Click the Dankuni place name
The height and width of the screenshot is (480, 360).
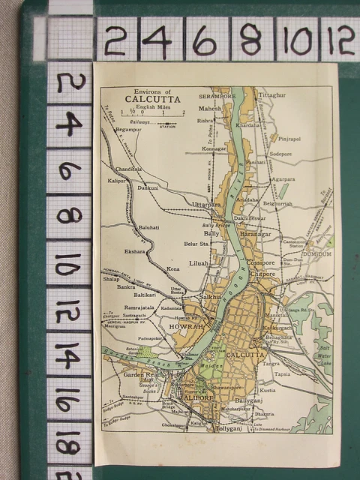(x=147, y=187)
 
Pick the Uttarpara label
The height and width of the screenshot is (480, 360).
(x=207, y=204)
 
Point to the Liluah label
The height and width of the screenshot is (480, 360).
(x=199, y=262)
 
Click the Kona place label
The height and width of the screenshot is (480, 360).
(x=173, y=268)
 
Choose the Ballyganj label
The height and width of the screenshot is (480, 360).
(x=249, y=401)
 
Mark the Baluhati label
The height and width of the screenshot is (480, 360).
(x=148, y=226)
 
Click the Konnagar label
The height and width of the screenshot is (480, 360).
(x=214, y=148)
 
